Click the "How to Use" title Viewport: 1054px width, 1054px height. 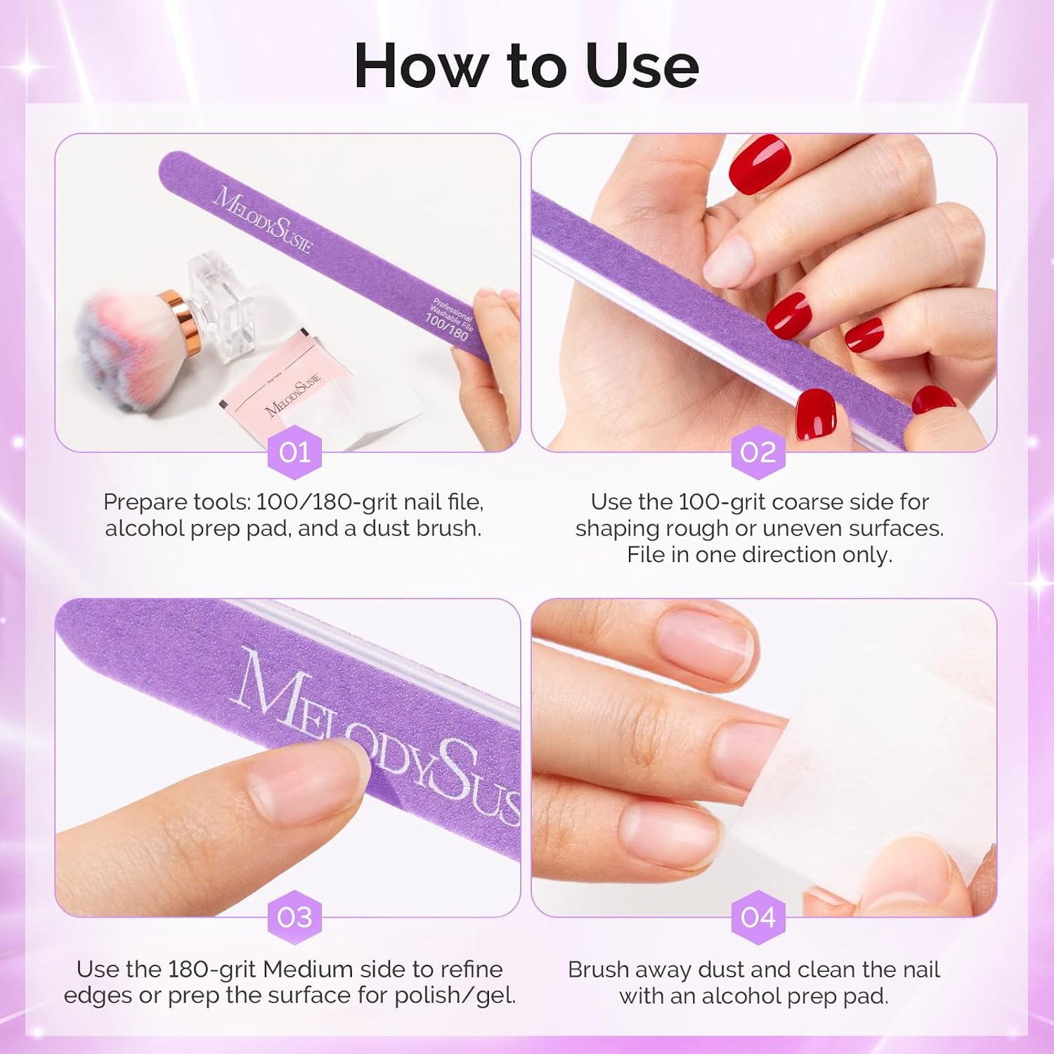point(526,65)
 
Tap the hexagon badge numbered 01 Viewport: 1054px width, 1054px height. point(294,452)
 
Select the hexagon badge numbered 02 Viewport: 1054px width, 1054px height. point(758,452)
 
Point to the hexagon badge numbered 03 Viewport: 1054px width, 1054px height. point(294,917)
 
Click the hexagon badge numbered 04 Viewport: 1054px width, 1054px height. point(758,917)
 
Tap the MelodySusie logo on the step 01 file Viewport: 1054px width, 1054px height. point(262,219)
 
